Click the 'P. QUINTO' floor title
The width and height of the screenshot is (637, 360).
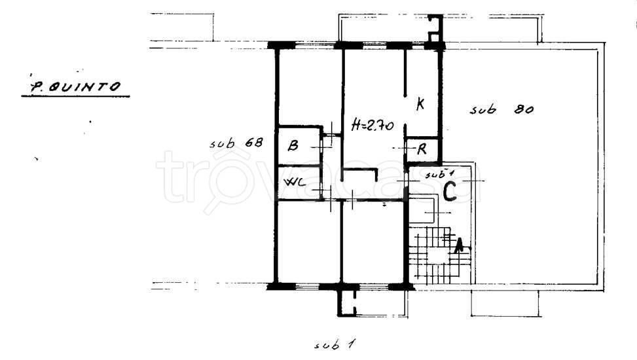click(75, 86)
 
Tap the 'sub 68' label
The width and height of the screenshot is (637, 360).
click(236, 143)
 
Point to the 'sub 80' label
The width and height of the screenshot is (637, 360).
click(501, 109)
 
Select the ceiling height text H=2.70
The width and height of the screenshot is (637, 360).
click(373, 125)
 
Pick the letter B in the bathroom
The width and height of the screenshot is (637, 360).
click(293, 145)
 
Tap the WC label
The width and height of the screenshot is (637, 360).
click(295, 182)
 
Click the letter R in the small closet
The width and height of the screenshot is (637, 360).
click(422, 149)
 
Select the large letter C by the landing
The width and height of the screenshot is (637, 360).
click(450, 192)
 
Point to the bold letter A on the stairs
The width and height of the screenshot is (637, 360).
click(459, 245)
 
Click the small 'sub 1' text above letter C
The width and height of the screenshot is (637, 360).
click(439, 175)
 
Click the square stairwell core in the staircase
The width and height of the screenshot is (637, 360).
click(437, 255)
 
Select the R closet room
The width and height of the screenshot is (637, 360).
click(422, 149)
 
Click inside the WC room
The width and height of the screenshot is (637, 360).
click(299, 183)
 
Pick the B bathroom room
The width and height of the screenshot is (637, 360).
click(299, 146)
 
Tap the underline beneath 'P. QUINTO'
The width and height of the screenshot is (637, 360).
click(75, 96)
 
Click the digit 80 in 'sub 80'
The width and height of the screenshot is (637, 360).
click(524, 109)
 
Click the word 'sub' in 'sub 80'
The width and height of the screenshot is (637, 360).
click(483, 109)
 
